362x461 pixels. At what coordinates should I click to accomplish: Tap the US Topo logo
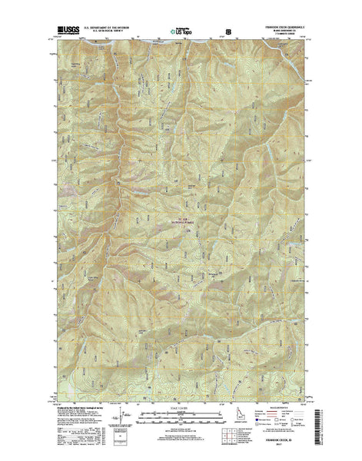pos(181,33)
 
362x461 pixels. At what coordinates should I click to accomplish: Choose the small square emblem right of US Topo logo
pos(227,34)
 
